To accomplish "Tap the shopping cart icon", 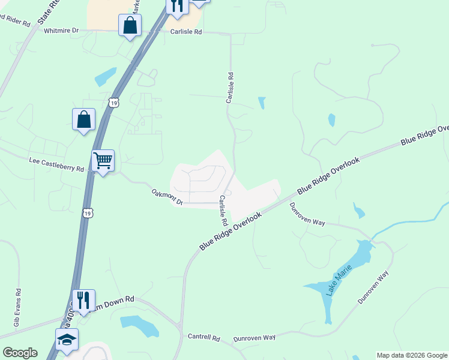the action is pyautogui.click(x=103, y=161).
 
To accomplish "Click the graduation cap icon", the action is pyautogui.click(x=67, y=339).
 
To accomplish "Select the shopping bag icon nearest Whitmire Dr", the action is pyautogui.click(x=130, y=26).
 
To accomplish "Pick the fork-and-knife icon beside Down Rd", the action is pyautogui.click(x=83, y=299).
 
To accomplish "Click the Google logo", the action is pyautogui.click(x=20, y=353).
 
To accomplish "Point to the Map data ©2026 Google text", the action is pyautogui.click(x=412, y=355).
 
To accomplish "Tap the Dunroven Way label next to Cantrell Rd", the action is pyautogui.click(x=255, y=338).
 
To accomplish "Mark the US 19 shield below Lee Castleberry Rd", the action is pyautogui.click(x=88, y=213).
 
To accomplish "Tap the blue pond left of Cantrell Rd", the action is pyautogui.click(x=140, y=326).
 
